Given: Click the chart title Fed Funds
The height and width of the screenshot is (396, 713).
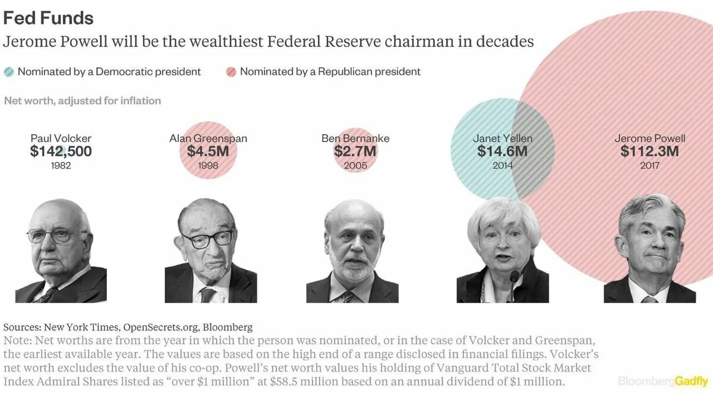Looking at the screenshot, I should coord(48,18).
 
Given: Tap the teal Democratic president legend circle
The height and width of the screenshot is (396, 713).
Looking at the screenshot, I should coord(8,72).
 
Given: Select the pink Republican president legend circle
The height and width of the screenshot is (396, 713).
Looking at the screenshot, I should coord(231,72).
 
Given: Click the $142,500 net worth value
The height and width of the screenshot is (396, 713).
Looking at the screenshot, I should coord(61,151).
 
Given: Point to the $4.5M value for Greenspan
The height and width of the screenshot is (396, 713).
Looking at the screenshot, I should coord(208,151).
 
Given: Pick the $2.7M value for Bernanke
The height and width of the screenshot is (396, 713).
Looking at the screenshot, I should coord(355,151).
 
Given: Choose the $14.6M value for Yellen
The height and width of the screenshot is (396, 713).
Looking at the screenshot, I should coord(502,151).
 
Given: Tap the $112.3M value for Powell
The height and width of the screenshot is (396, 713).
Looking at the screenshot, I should coord(649,151).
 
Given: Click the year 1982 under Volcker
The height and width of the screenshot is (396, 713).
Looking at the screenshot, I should coord(61,166).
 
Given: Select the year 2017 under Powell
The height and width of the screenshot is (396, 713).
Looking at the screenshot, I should coord(649,166).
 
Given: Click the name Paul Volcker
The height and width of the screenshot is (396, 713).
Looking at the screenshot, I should coord(61,138).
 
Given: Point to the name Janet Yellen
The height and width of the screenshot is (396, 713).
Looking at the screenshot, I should coord(502,138).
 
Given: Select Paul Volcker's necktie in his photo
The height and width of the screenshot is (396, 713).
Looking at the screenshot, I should coord(49,294).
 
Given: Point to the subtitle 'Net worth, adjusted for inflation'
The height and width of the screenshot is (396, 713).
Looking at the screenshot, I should coord(83,101).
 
